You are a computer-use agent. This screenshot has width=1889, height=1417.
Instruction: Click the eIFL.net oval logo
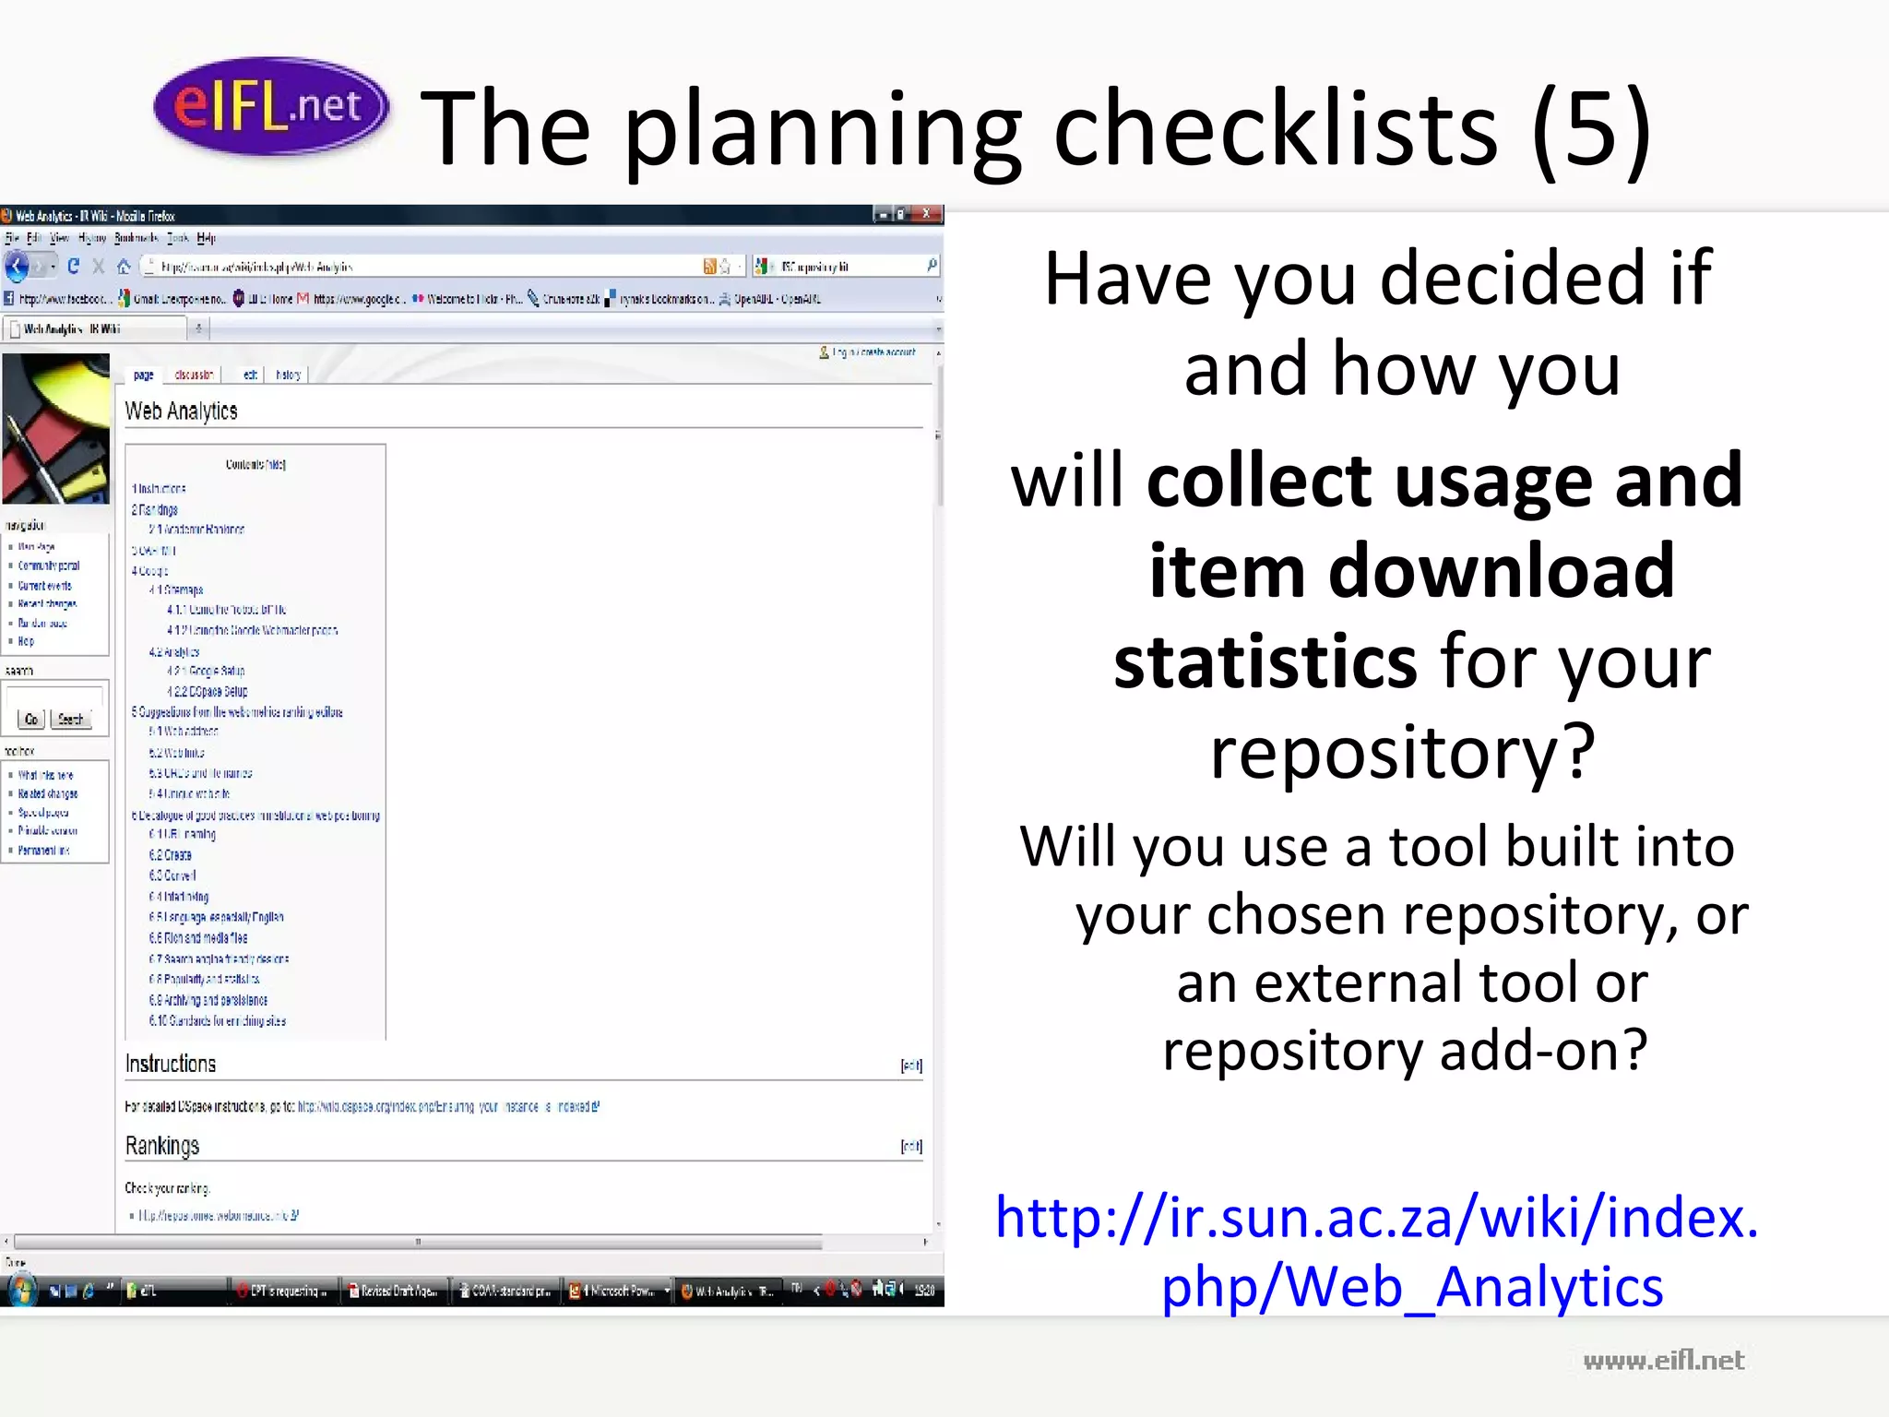click(270, 106)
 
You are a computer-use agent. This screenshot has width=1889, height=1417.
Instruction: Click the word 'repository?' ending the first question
click(1402, 751)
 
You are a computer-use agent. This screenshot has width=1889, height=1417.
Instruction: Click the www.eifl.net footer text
click(1663, 1360)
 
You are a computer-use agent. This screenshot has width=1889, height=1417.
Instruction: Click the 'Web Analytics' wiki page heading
click(182, 411)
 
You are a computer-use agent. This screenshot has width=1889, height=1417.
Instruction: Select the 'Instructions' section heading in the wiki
click(171, 1064)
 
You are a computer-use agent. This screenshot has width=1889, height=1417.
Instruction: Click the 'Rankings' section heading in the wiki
click(162, 1146)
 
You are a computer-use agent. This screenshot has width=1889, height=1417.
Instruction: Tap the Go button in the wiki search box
click(30, 719)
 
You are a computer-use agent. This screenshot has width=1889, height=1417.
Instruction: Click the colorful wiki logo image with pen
click(55, 428)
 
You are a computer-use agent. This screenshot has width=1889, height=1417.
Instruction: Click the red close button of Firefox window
click(927, 214)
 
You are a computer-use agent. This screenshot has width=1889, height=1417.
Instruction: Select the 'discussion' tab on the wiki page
click(194, 375)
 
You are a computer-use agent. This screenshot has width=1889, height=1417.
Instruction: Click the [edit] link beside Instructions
click(911, 1066)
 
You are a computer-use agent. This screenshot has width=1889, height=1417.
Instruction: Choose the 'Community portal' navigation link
click(49, 566)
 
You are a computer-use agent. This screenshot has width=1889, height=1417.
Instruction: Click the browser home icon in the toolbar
click(124, 267)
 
